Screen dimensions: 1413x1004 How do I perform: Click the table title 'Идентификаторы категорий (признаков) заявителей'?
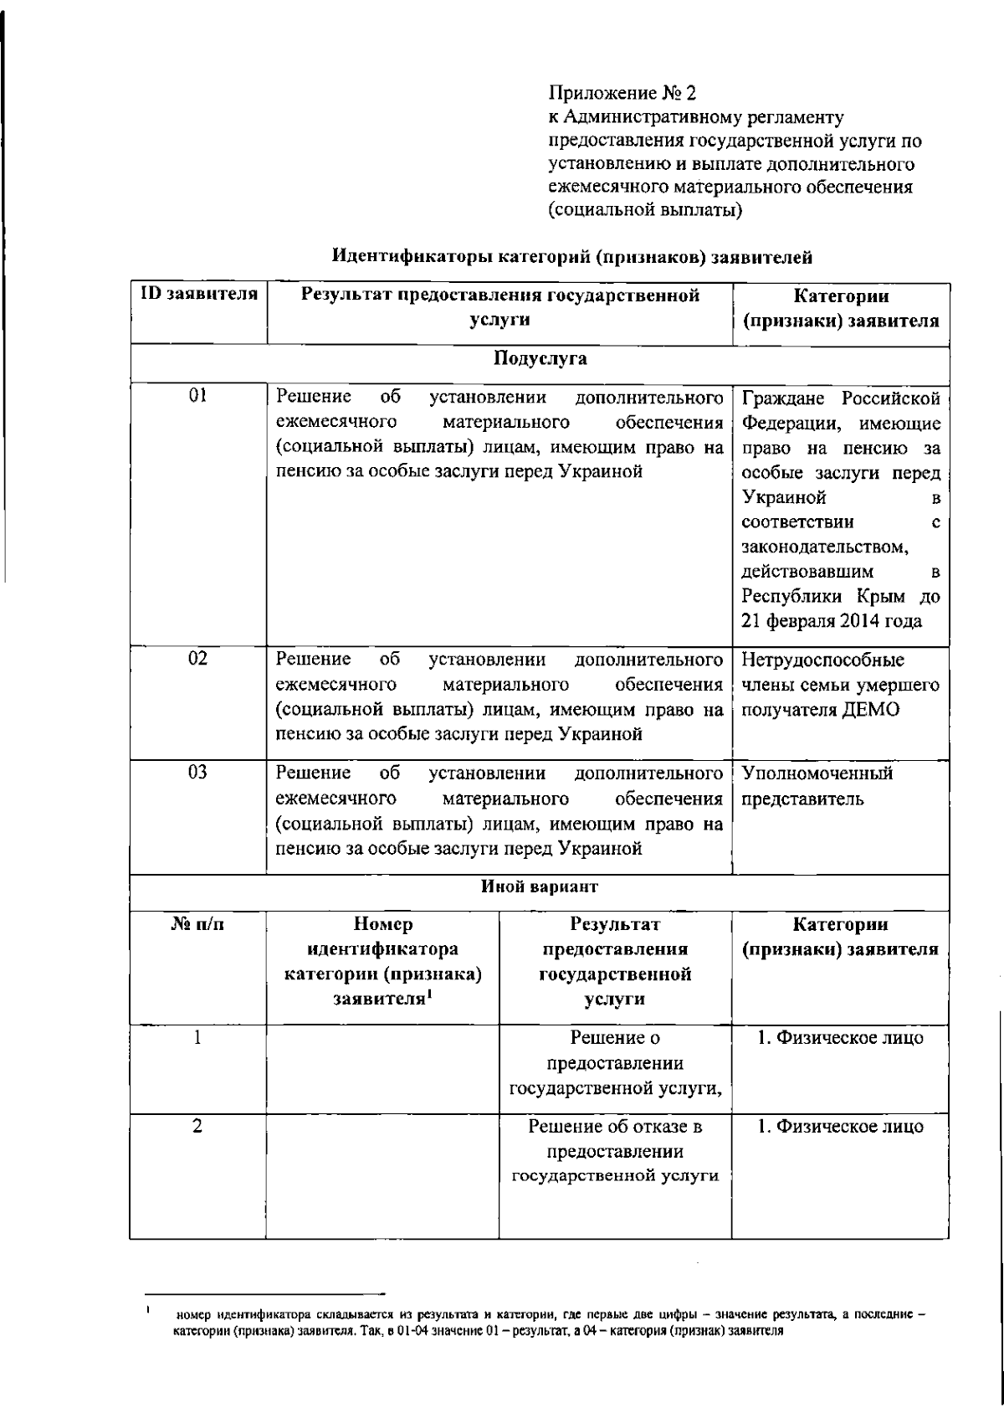coord(572,257)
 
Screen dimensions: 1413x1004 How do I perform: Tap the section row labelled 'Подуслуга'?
coord(540,360)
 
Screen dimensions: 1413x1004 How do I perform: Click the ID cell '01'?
coord(198,396)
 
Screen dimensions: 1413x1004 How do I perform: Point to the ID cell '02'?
coord(198,658)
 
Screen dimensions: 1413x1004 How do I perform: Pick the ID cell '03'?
coord(198,772)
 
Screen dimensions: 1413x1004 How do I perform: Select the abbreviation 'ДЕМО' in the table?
coord(872,710)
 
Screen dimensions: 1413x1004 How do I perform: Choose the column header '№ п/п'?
coord(198,926)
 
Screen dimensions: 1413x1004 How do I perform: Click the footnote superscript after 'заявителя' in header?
coord(428,994)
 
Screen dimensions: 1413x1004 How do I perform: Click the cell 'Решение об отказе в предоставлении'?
coord(615,1138)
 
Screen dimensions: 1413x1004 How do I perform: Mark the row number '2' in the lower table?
coord(197,1127)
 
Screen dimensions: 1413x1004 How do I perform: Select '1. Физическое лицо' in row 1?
coord(841,1038)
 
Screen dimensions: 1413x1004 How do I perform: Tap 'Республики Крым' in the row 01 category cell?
coord(820,597)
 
